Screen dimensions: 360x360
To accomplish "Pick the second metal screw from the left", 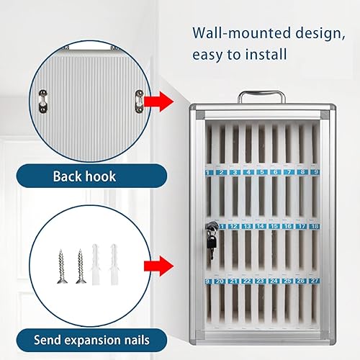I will pos(80,266).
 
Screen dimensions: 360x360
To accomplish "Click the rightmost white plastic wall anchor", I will pos(114,264).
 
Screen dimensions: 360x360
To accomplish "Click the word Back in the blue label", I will pos(67,176).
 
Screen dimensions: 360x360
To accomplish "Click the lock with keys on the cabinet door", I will pos(210,233).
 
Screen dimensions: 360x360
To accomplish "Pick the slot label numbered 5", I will pos(261,173).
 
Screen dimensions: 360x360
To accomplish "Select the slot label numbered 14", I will pos(261,226).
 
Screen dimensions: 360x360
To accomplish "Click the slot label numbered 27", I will pos(315,281).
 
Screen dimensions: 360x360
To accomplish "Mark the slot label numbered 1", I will pos(208,173).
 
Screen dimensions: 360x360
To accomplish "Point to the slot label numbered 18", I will pos(315,226).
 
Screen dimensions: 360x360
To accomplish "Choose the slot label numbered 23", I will pos(261,281).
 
